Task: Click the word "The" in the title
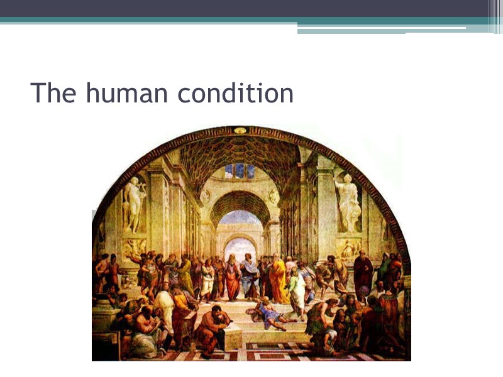(53, 93)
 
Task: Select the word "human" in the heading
(127, 93)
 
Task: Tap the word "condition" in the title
(236, 93)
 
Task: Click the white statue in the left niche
(133, 204)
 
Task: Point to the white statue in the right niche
(347, 202)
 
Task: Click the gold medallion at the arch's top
(240, 131)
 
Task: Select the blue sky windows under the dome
(240, 170)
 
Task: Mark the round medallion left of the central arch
(205, 197)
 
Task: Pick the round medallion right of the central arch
(274, 197)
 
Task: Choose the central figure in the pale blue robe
(250, 276)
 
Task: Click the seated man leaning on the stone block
(214, 327)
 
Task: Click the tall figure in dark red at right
(362, 276)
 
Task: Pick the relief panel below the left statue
(134, 248)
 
